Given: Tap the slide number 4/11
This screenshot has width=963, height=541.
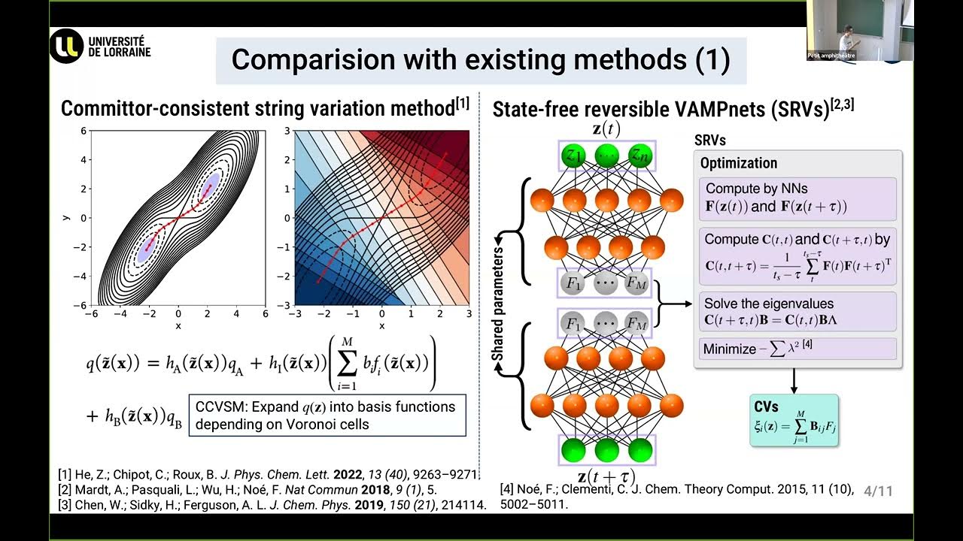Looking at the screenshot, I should point(878,491).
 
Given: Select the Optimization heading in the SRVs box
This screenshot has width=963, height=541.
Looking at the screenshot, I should point(739,163).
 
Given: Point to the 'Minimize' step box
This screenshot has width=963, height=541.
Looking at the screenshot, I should point(797,349).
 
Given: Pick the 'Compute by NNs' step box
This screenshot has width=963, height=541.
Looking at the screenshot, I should point(797,198).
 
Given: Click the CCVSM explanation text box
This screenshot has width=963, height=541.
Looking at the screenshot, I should point(327,416).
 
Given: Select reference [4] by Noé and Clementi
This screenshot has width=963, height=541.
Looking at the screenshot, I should point(676,497).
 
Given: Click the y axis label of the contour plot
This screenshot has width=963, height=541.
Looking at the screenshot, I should point(66,217).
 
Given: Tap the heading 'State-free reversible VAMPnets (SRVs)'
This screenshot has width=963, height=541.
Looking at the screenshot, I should point(673,110).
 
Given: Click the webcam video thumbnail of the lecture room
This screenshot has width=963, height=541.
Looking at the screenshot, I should point(860,30).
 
